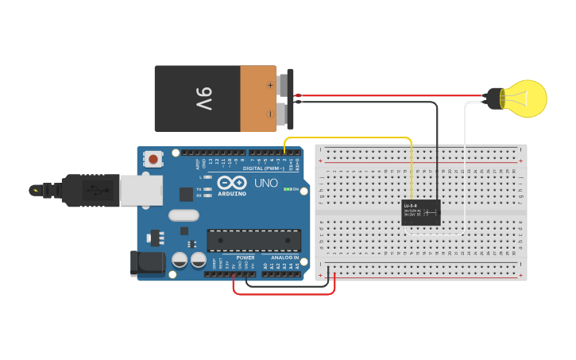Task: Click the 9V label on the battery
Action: point(203,99)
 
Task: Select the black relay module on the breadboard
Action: point(421,212)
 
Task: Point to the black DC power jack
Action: point(148,264)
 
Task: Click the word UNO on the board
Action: point(265,183)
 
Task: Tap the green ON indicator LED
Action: point(287,189)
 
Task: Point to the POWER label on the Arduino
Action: point(245,257)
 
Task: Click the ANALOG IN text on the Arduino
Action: point(284,257)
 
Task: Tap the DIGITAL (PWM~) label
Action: point(263,168)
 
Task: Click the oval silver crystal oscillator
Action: point(184,215)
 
